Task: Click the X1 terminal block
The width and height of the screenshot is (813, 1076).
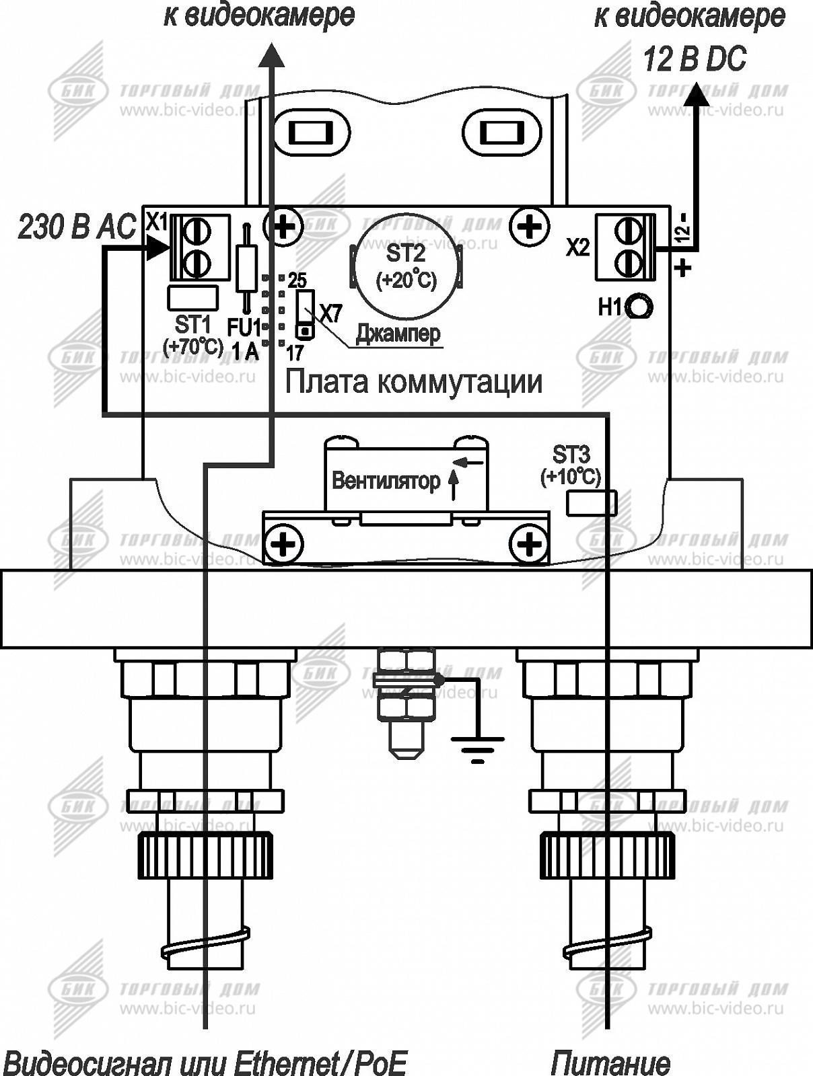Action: click(200, 247)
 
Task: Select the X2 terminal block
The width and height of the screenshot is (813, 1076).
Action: click(625, 247)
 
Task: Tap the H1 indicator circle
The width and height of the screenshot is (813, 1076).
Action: click(639, 307)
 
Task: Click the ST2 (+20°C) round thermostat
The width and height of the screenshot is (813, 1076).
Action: click(406, 264)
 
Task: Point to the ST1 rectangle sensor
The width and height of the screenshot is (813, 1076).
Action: click(192, 297)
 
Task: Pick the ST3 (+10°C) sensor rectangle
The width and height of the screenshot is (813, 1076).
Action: click(592, 503)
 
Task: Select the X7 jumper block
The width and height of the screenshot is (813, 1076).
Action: click(305, 313)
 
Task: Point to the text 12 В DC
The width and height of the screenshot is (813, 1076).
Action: click(695, 60)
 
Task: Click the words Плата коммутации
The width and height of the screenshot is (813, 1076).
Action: click(413, 382)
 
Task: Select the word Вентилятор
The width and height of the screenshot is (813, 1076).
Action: click(386, 481)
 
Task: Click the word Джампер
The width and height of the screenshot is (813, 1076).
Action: click(399, 333)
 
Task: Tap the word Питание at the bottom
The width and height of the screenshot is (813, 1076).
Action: click(610, 1063)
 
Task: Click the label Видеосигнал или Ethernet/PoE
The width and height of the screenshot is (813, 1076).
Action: click(205, 1063)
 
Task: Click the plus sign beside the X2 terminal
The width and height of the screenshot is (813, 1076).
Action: click(682, 268)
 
